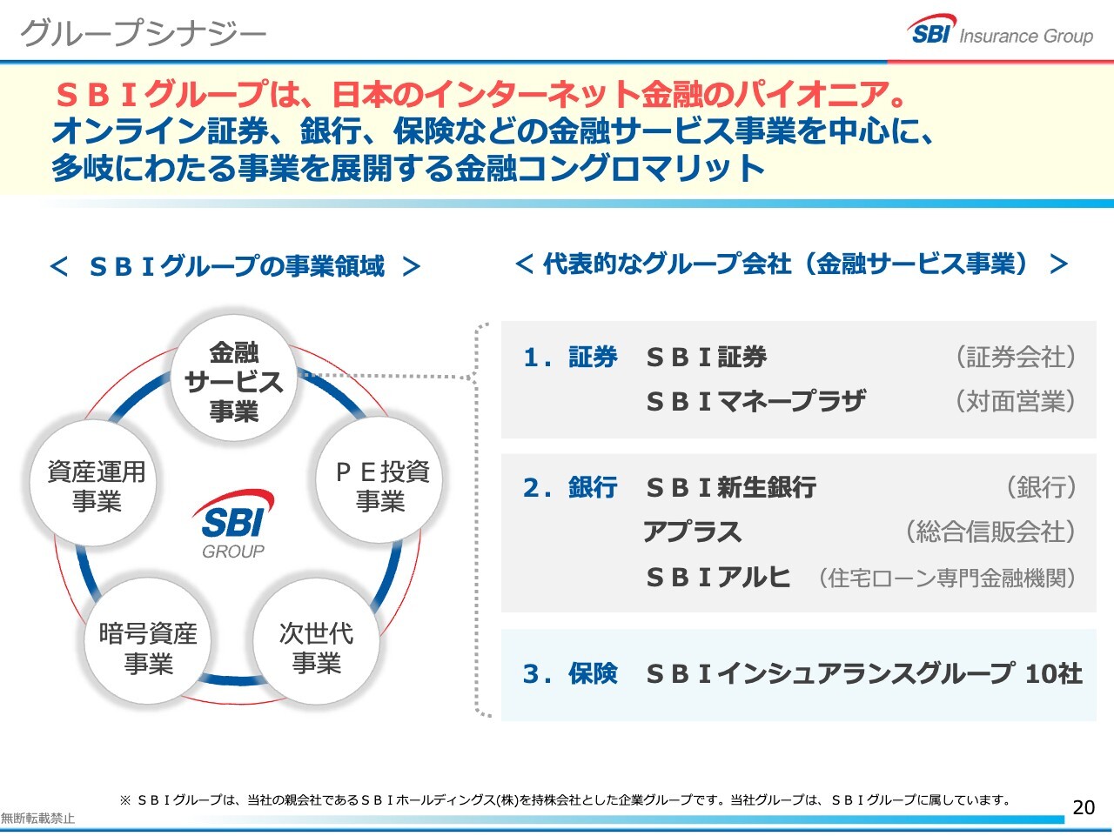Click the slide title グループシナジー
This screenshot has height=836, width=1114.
[x=143, y=33]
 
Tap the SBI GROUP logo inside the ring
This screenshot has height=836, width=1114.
[x=232, y=525]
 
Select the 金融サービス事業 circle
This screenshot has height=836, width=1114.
[x=234, y=381]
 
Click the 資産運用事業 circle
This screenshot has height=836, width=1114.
[x=96, y=485]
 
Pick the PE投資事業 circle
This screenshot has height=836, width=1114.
[x=381, y=485]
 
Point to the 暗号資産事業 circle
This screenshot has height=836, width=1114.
[x=148, y=647]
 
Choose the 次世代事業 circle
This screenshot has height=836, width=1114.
[x=316, y=647]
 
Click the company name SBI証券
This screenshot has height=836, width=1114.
[x=706, y=357]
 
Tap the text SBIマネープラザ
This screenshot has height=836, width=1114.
[x=755, y=401]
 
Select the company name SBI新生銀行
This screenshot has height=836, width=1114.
[x=731, y=487]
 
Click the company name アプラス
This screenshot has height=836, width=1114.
[x=692, y=532]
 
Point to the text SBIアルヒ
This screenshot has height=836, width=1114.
[x=718, y=577]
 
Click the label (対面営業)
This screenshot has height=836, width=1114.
[x=1015, y=401]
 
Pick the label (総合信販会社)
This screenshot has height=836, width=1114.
[x=990, y=532]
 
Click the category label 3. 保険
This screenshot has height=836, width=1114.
[x=570, y=673]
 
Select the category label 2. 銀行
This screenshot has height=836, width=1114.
[x=570, y=487]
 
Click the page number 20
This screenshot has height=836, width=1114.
[x=1084, y=807]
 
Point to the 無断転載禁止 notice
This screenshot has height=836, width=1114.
[x=37, y=819]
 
